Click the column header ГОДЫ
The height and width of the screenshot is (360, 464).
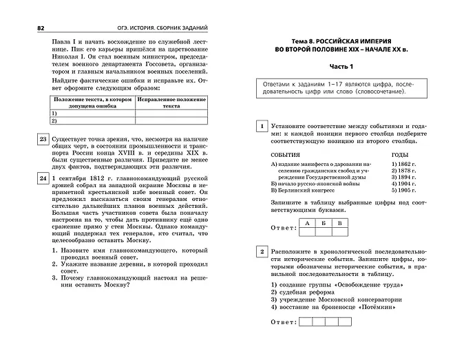(401, 155)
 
